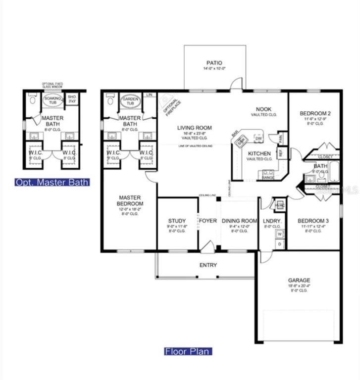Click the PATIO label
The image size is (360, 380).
pyautogui.click(x=214, y=63)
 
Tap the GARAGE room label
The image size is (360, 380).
pyautogui.click(x=299, y=280)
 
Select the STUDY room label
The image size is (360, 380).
pyautogui.click(x=177, y=221)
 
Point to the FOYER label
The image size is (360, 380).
pyautogui.click(x=208, y=221)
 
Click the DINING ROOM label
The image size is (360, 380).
pyautogui.click(x=239, y=221)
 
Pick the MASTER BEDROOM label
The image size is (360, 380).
pyautogui.click(x=130, y=200)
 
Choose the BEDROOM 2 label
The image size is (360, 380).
pyautogui.click(x=315, y=113)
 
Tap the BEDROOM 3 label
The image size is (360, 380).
pyautogui.click(x=313, y=221)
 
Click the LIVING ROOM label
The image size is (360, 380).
pyautogui.click(x=194, y=128)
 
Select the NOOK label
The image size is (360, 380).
pyautogui.click(x=262, y=109)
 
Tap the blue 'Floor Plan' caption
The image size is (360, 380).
pyautogui.click(x=188, y=351)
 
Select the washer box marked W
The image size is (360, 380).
pyautogui.click(x=279, y=234)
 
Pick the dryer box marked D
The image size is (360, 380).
pyautogui.click(x=279, y=244)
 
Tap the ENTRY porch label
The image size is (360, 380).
pyautogui.click(x=208, y=265)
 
